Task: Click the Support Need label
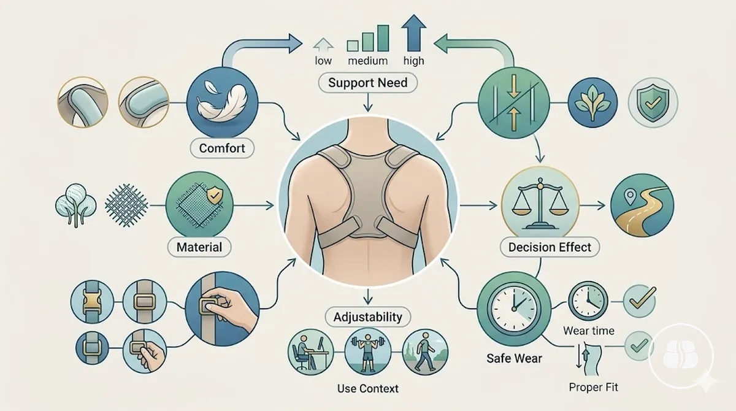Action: [367, 82]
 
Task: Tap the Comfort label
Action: [222, 148]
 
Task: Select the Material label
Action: [199, 247]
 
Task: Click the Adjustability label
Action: [367, 317]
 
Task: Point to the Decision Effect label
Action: [550, 247]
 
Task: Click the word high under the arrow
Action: [413, 61]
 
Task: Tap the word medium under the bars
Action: [367, 61]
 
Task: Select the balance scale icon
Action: [540, 204]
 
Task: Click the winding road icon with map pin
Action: [642, 205]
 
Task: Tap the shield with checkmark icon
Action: [653, 102]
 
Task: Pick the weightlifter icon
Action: [368, 352]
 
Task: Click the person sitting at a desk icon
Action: [311, 352]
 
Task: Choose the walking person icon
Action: [425, 352]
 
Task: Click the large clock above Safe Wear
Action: [514, 309]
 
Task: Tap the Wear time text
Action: [588, 331]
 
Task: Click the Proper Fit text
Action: [594, 387]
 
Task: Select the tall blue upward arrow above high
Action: [413, 33]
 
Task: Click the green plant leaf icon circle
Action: [592, 102]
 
